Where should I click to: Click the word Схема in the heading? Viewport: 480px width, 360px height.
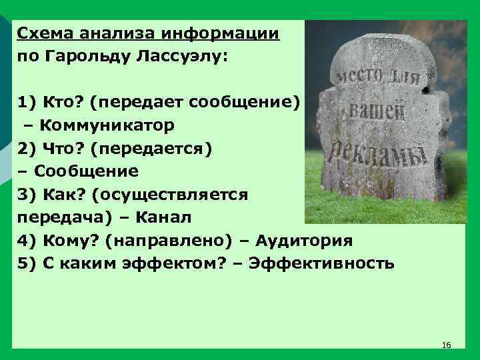(43, 33)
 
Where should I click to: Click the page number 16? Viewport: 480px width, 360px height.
(447, 345)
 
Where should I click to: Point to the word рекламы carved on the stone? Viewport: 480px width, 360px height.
(375, 155)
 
